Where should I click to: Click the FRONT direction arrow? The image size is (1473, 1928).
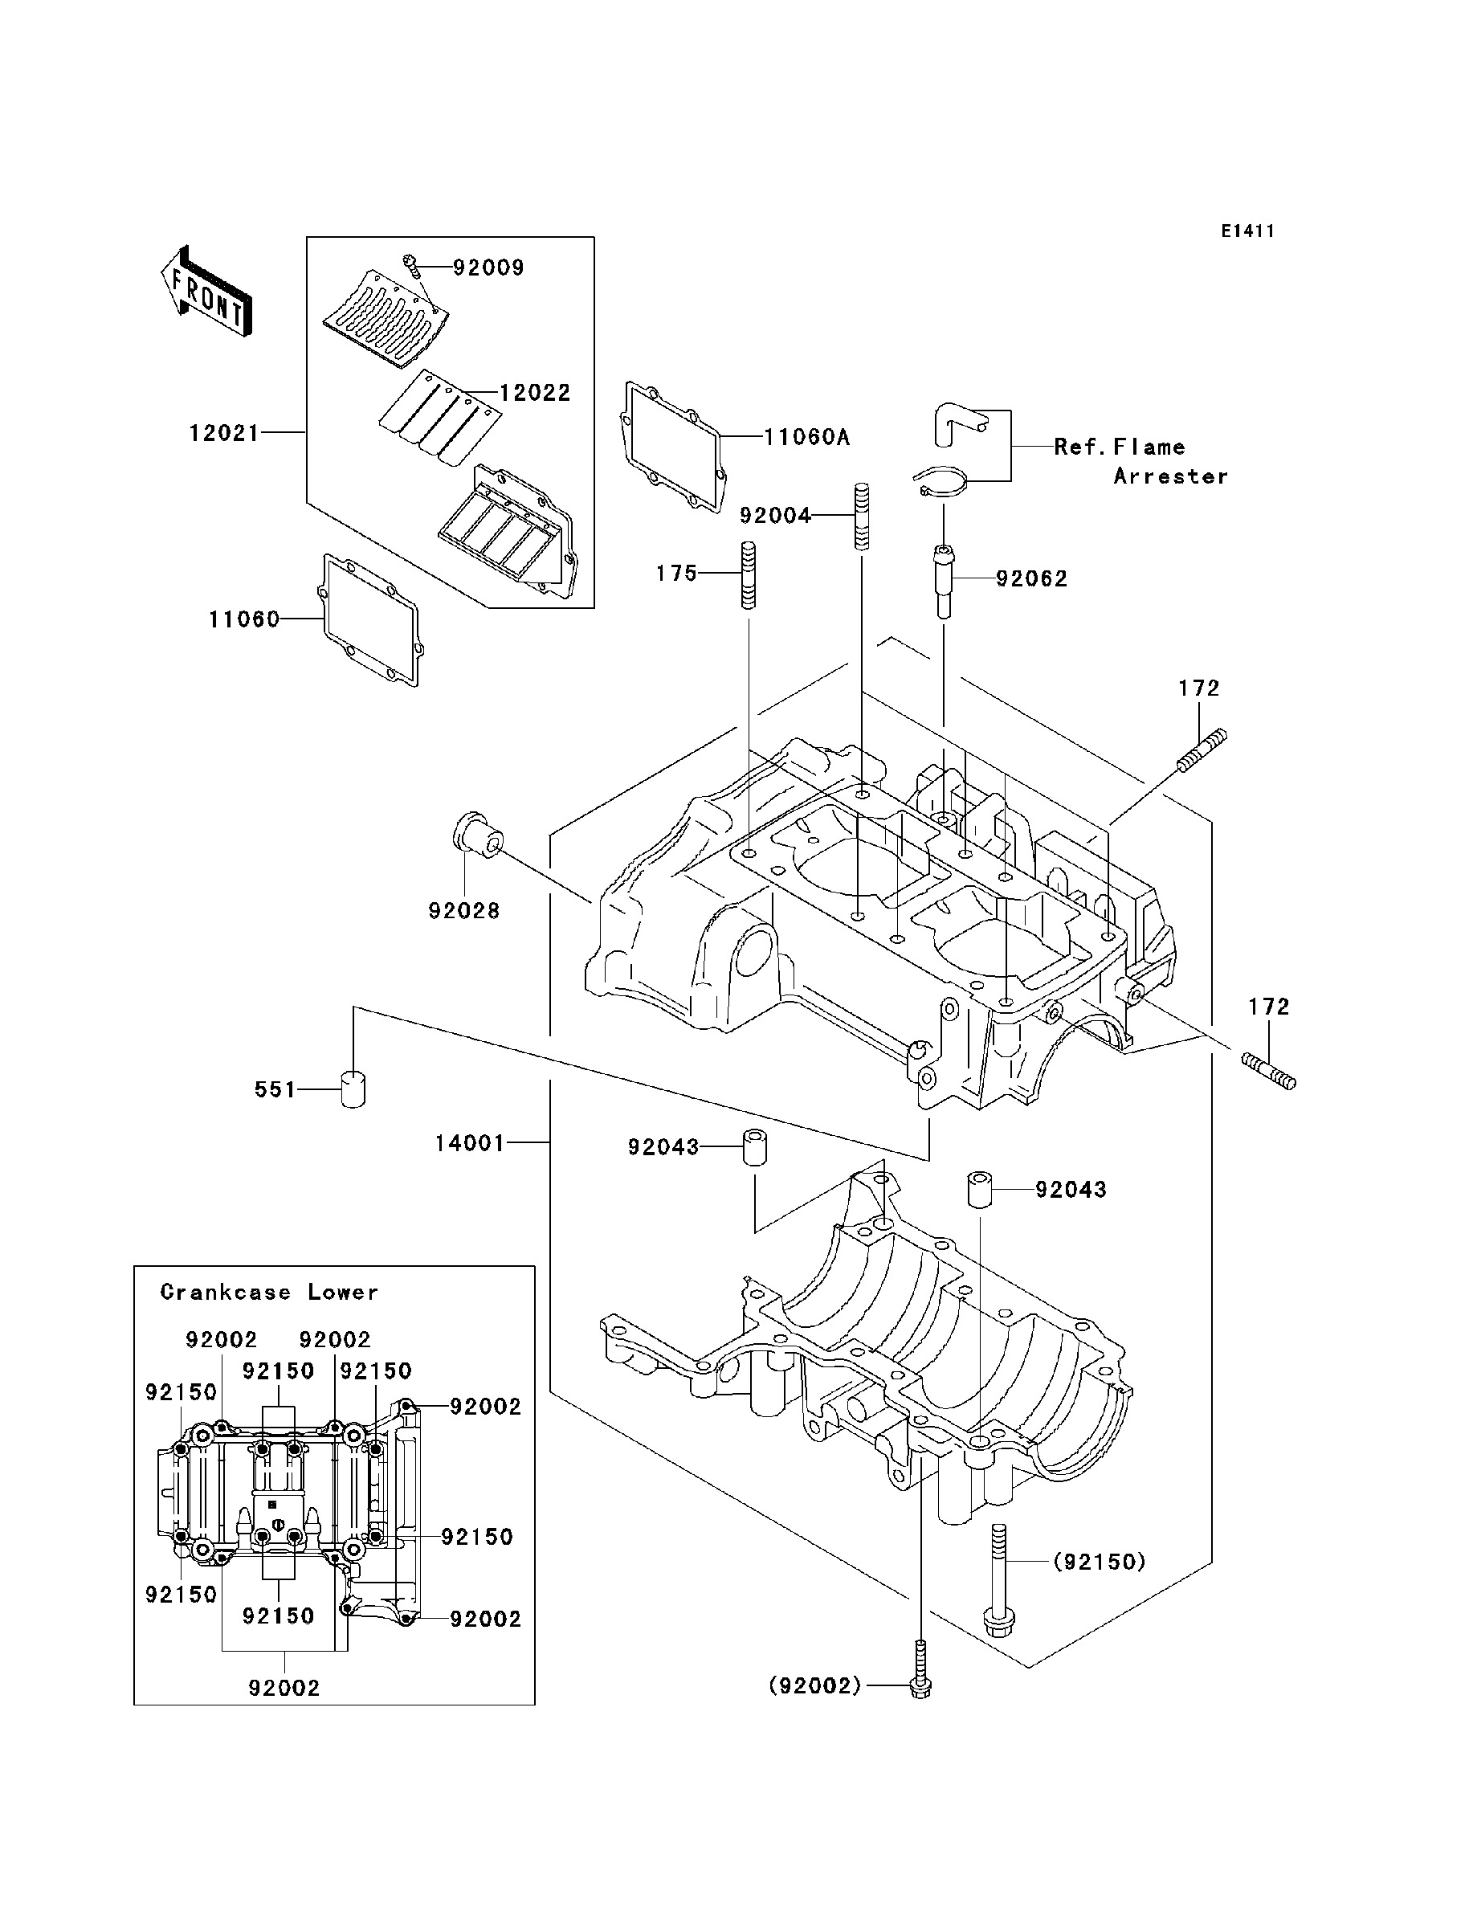tap(206, 292)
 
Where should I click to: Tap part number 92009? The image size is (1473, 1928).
tap(488, 268)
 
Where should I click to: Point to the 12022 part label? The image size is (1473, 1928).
tap(535, 393)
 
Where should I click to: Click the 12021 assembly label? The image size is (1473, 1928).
tap(224, 433)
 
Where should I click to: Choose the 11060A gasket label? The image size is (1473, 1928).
tap(806, 437)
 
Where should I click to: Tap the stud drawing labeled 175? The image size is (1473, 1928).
tap(748, 576)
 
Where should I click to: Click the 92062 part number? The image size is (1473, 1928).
tap(1031, 578)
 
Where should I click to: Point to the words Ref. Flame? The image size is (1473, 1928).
tap(1120, 447)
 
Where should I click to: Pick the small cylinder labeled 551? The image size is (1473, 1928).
tap(353, 1089)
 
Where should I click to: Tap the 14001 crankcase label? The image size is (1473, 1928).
tap(470, 1143)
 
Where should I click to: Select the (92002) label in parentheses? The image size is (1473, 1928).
tap(815, 1686)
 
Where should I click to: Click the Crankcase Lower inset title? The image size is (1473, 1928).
tap(269, 1293)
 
